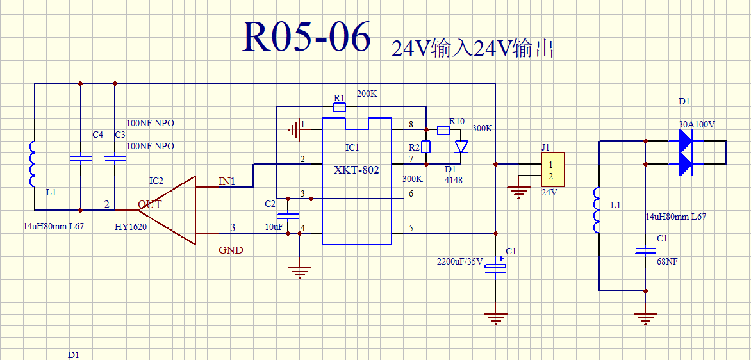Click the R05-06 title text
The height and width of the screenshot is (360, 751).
click(307, 37)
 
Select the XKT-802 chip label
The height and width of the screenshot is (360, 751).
click(356, 170)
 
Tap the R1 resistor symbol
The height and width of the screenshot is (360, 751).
click(339, 107)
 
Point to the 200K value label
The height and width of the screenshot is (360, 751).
click(367, 94)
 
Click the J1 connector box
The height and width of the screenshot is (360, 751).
click(553, 170)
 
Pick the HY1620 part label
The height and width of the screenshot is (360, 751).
click(131, 227)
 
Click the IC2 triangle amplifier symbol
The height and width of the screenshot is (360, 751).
click(167, 210)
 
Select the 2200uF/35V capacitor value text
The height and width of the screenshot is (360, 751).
click(461, 262)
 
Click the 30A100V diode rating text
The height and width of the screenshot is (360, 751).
click(697, 124)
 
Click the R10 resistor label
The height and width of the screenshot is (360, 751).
click(456, 122)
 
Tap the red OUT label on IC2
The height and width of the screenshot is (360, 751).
click(150, 205)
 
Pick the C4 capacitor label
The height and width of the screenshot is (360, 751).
click(97, 135)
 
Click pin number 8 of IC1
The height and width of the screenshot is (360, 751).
click(411, 125)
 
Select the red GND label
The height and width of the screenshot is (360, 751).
click(231, 250)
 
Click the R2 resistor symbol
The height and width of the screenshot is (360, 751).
click(425, 146)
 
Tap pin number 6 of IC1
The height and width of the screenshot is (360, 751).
click(411, 193)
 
